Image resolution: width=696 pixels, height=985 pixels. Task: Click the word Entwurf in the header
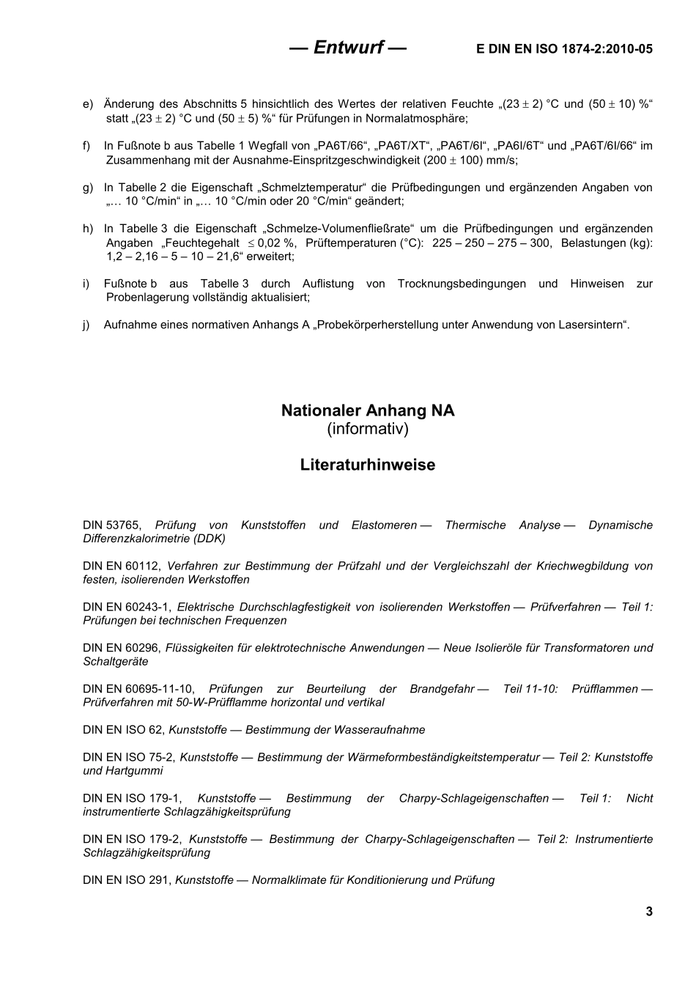pyautogui.click(x=348, y=48)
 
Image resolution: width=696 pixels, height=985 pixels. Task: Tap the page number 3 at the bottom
pyautogui.click(x=648, y=912)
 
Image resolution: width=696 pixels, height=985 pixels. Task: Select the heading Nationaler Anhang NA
pyautogui.click(x=368, y=410)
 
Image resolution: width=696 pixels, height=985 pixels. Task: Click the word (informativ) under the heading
pyautogui.click(x=368, y=429)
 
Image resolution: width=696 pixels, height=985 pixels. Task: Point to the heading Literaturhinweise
pyautogui.click(x=368, y=465)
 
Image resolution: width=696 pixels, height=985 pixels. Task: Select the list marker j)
pyautogui.click(x=86, y=325)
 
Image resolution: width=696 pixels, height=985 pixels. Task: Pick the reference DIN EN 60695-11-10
pyautogui.click(x=138, y=689)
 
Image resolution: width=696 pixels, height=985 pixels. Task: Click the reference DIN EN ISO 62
pyautogui.click(x=124, y=730)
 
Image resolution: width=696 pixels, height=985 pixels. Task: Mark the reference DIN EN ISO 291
pyautogui.click(x=127, y=879)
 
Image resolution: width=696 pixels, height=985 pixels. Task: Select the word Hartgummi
pyautogui.click(x=135, y=770)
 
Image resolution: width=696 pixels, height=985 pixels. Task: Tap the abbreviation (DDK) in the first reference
pyautogui.click(x=210, y=538)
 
